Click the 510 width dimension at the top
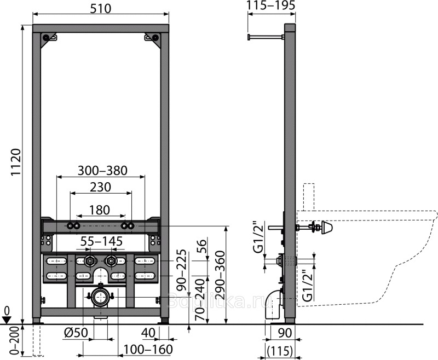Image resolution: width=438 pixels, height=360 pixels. tap(101, 9)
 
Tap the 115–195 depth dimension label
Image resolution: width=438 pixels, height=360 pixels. tap(271, 5)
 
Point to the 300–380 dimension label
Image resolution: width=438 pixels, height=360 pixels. tap(102, 171)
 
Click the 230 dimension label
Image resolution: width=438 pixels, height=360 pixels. tap(101, 187)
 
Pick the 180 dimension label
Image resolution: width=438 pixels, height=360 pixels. tap(100, 210)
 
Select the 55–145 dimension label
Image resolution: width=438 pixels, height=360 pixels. tap(102, 241)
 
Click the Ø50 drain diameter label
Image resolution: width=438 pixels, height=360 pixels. tap(76, 333)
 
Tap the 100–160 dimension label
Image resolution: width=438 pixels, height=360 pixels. tap(148, 349)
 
